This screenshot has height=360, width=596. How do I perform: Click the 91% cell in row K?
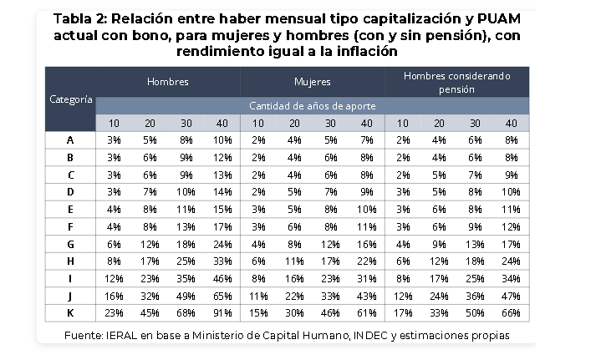222,313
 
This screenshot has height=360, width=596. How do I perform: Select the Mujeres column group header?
313,82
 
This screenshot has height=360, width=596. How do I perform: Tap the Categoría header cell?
71,99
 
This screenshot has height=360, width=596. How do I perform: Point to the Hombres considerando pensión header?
457,83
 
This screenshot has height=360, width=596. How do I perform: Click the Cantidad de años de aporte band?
313,106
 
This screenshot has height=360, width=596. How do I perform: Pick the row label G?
70,244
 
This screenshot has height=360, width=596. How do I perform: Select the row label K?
70,313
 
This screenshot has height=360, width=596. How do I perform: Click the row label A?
70,140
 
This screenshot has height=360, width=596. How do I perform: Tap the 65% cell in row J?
222,297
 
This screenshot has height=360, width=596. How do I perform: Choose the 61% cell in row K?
367,313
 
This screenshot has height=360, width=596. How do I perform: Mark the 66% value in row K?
512,313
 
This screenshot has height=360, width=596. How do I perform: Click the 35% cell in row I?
186,279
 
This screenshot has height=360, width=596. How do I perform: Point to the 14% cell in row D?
222,192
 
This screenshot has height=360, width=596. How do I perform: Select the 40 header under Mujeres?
367,124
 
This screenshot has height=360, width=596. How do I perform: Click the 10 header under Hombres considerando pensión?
403,124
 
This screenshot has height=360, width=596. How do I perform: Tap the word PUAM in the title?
498,18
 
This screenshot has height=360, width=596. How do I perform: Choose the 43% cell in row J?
367,297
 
